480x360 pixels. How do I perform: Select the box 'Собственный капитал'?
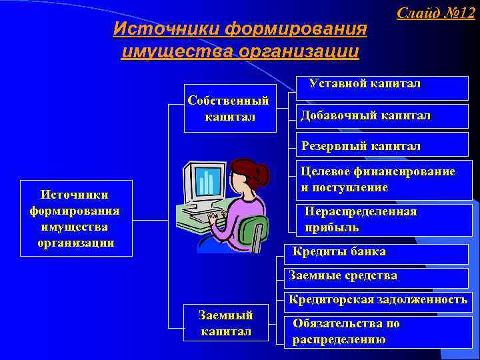pyautogui.click(x=229, y=109)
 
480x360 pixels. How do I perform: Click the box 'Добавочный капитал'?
pyautogui.click(x=365, y=116)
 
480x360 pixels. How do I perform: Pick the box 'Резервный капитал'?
pyautogui.click(x=361, y=145)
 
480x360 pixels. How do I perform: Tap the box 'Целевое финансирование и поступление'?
pyautogui.click(x=378, y=179)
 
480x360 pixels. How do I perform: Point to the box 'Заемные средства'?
pyautogui.click(x=343, y=275)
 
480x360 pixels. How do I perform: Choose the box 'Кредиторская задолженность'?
pyautogui.click(x=377, y=299)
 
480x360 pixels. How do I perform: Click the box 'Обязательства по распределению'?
pyautogui.click(x=346, y=331)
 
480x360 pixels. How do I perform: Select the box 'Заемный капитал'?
pyautogui.click(x=226, y=323)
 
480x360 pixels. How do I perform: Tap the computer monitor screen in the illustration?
pyautogui.click(x=206, y=181)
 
